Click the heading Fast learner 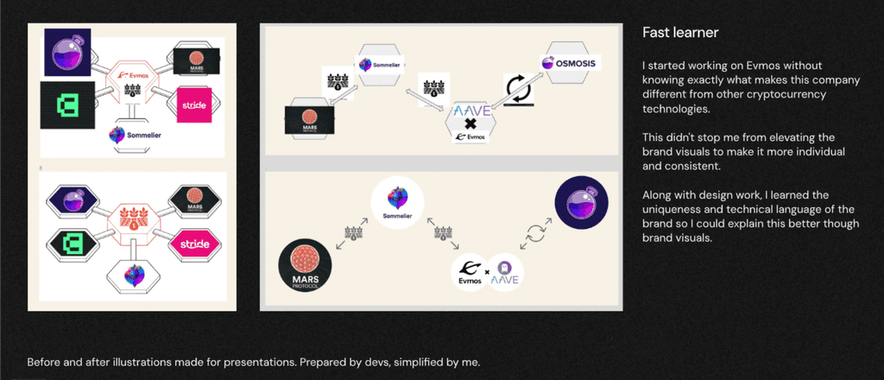[x=681, y=33]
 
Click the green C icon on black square [x=63, y=105]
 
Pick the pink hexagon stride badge [x=194, y=244]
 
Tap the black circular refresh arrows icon [x=520, y=89]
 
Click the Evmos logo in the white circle [x=467, y=273]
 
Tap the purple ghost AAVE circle [x=508, y=272]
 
